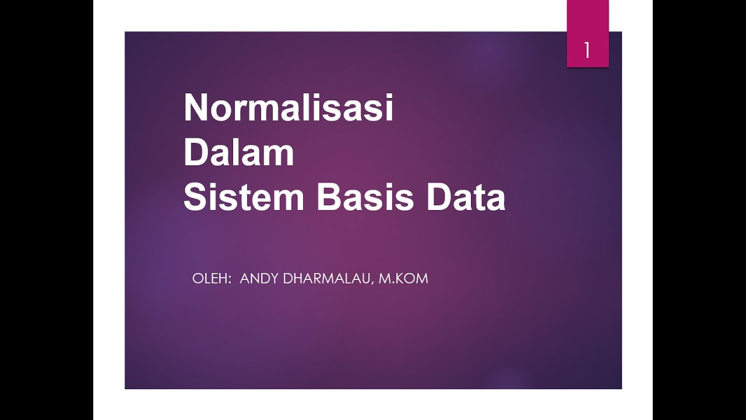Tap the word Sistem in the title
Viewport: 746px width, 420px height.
coord(244,198)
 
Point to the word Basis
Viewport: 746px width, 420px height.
coord(365,198)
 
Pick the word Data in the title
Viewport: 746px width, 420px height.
coord(466,198)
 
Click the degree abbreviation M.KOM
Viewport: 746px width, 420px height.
coord(403,279)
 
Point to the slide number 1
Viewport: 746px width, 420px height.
coord(587,51)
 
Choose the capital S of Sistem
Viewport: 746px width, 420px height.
coord(194,198)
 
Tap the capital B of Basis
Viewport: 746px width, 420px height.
coord(328,198)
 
